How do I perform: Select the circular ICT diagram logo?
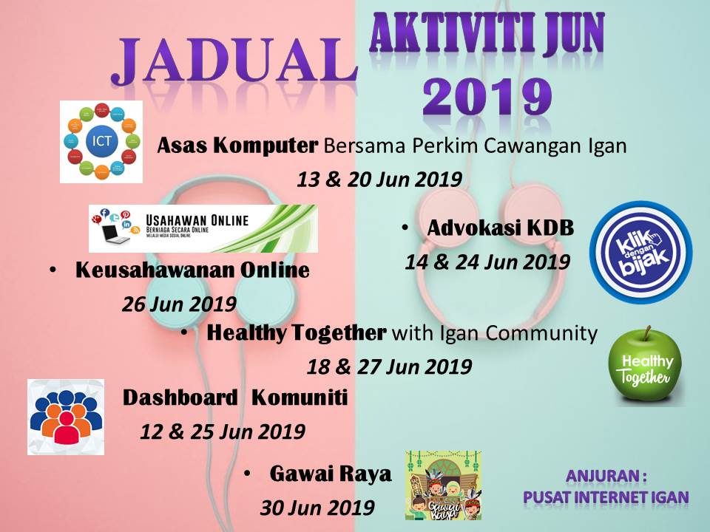tap(101, 142)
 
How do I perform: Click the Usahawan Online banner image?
tap(203, 228)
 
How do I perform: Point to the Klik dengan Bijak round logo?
tap(640, 252)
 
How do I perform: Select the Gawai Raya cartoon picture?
tap(443, 485)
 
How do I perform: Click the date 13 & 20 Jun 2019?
tap(379, 180)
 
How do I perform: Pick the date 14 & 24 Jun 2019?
tap(487, 262)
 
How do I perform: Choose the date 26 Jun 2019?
tap(179, 304)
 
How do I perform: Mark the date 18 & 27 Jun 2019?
tap(389, 366)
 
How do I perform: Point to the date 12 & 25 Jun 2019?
tap(223, 432)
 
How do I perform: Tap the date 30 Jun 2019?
tap(317, 508)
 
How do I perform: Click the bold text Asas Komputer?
tap(237, 146)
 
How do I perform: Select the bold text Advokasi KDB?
tap(501, 228)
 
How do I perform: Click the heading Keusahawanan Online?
tap(192, 270)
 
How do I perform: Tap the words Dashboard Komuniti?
tap(234, 398)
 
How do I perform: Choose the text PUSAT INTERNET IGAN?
tap(606, 497)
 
